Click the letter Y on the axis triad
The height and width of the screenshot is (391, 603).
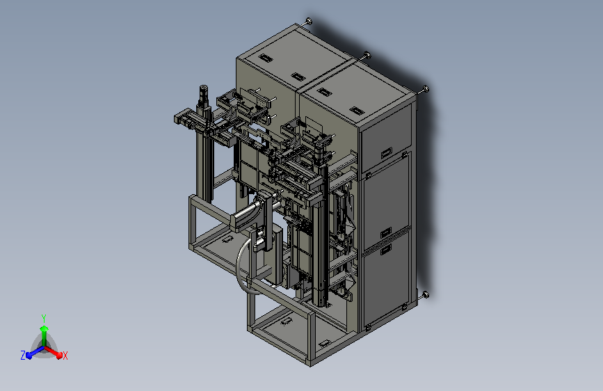click(x=44, y=318)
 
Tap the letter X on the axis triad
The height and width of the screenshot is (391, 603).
click(x=65, y=356)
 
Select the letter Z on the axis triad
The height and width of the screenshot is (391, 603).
click(x=23, y=356)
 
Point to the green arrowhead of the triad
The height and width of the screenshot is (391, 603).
click(x=44, y=328)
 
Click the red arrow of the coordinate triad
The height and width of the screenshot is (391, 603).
click(x=54, y=352)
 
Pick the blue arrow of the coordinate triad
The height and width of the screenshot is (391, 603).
click(x=35, y=351)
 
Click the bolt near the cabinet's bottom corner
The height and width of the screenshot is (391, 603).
click(x=426, y=295)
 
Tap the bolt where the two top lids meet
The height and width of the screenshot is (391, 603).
click(x=367, y=55)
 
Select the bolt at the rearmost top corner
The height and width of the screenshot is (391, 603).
click(x=308, y=21)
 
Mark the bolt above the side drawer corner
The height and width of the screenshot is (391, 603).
click(x=426, y=89)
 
